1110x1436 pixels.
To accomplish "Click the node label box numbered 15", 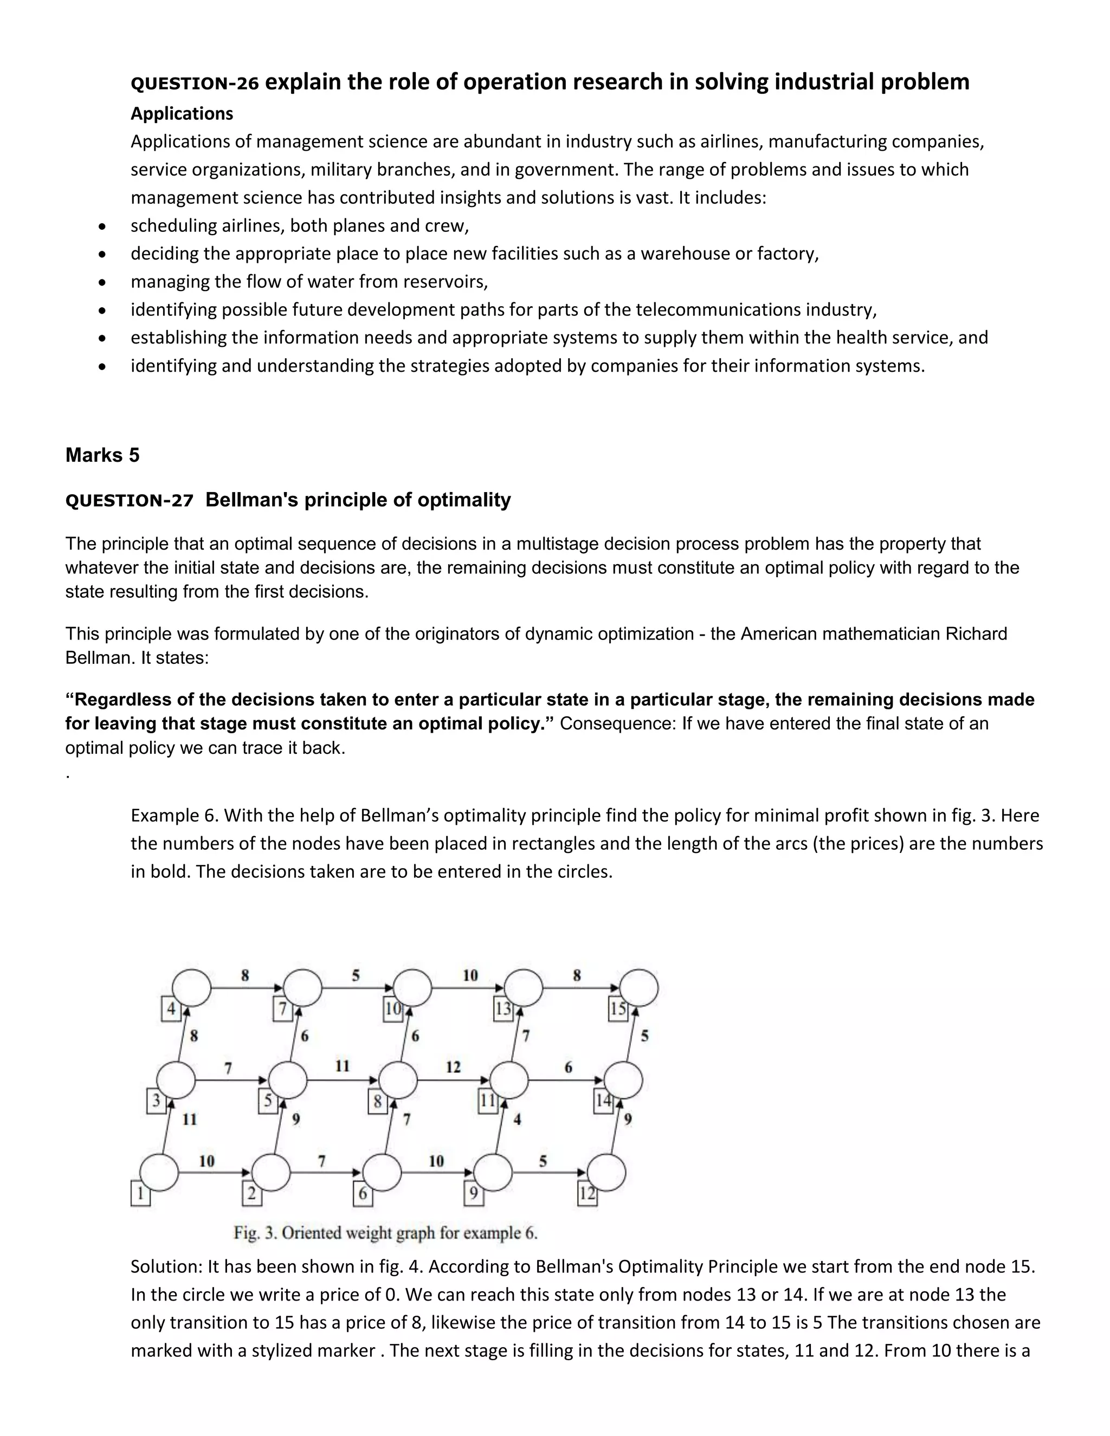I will pyautogui.click(x=618, y=1010).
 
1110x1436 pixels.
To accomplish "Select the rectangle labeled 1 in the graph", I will pyautogui.click(x=140, y=1194).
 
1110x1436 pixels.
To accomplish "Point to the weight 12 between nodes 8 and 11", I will pyautogui.click(x=453, y=1066).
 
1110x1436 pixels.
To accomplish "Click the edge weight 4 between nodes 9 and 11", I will pyautogui.click(x=518, y=1119).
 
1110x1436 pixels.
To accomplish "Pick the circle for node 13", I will pyautogui.click(x=524, y=987).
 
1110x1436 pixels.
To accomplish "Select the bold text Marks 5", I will pyautogui.click(x=102, y=455).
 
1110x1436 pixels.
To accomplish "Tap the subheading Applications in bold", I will pyautogui.click(x=182, y=114).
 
